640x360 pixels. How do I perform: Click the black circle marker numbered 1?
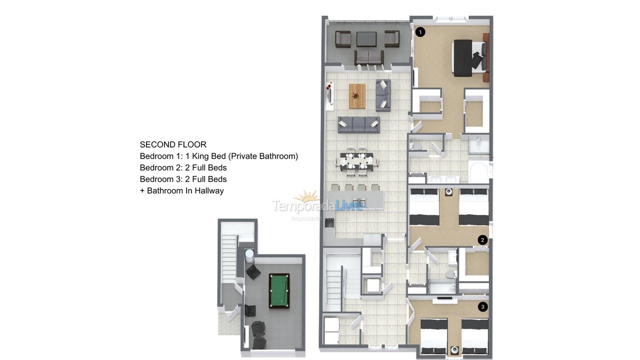[420, 32]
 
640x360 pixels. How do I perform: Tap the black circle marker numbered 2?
[482, 240]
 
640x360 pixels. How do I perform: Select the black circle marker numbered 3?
[482, 306]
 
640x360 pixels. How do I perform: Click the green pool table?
[279, 290]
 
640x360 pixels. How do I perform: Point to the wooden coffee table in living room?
[357, 95]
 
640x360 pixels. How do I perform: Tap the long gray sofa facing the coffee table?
[358, 124]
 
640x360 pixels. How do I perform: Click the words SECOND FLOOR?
[173, 144]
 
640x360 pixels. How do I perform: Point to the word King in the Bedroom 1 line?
[200, 156]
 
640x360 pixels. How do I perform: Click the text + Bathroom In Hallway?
[181, 190]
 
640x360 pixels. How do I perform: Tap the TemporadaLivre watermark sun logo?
[306, 197]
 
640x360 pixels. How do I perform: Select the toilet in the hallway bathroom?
[451, 273]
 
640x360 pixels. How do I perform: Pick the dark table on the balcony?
[366, 38]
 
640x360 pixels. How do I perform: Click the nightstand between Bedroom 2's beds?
[449, 191]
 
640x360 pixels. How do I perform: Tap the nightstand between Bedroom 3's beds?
[454, 349]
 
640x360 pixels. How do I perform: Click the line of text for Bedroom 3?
[183, 179]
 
